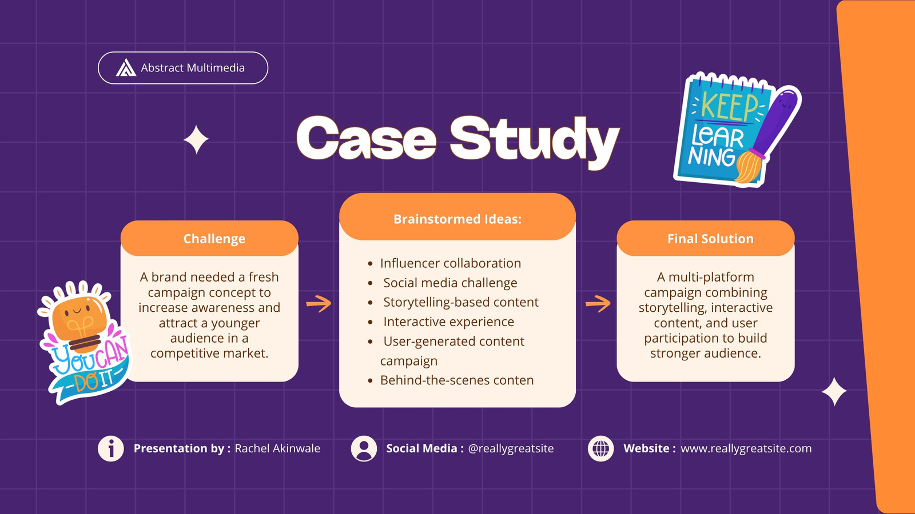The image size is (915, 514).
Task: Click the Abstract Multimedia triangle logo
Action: pos(126,68)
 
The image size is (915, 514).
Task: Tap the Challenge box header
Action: pos(214,239)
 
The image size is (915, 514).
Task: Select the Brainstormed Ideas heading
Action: pos(457,219)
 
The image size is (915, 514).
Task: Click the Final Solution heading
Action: pos(710,239)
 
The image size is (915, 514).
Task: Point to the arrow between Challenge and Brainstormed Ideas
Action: pos(319,303)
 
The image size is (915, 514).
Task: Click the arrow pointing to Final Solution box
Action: pos(598,303)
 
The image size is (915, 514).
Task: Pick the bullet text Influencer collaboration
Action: pos(451,263)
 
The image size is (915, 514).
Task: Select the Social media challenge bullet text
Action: pos(450,283)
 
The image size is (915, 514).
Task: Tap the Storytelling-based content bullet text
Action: pos(461,302)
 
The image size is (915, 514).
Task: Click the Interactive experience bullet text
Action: pos(448,322)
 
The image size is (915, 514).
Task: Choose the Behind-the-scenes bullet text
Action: pos(457,380)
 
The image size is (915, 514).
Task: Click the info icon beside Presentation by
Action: pos(111,449)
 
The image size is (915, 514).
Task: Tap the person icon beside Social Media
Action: pos(364,449)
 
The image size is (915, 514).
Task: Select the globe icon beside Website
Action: pos(600,449)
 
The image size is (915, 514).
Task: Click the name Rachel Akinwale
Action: pos(277,448)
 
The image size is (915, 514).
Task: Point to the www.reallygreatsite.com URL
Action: pos(746,448)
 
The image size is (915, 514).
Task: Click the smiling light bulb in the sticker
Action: pos(81,322)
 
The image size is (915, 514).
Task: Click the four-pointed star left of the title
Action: pos(196,139)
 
